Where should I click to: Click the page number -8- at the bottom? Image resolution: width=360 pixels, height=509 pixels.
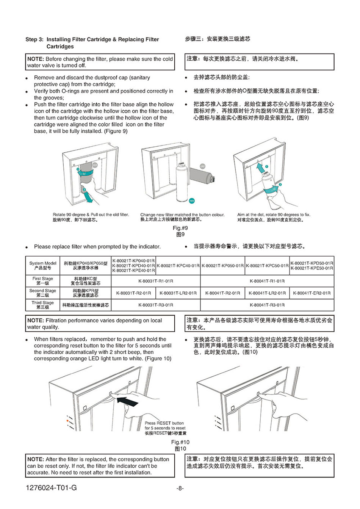point(180,488)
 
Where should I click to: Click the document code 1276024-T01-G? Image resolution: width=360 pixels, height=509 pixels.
point(52,488)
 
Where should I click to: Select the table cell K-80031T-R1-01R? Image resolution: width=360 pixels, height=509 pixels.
point(156,281)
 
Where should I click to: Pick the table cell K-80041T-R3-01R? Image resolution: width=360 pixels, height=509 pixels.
point(267,305)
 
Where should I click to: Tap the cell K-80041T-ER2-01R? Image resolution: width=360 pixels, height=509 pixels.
point(312,293)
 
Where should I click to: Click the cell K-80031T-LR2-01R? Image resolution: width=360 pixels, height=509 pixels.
point(178,293)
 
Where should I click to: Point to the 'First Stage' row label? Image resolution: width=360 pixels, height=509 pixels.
point(42,281)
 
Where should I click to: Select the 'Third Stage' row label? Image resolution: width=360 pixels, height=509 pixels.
point(42,305)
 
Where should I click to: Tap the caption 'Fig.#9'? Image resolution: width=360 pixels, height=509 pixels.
point(180,228)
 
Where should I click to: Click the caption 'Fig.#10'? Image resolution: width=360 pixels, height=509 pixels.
point(180,442)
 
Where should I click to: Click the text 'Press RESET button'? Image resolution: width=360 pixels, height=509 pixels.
point(164,423)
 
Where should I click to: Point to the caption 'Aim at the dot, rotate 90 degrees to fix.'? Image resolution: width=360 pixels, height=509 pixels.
point(274,215)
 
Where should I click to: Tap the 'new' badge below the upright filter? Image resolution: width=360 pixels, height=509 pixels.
point(192,200)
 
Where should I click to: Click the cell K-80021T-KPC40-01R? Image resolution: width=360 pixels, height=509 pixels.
point(178,265)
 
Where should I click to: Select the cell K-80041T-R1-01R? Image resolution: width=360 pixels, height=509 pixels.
point(267,281)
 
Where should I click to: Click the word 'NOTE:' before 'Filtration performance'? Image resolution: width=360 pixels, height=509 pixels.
point(36,321)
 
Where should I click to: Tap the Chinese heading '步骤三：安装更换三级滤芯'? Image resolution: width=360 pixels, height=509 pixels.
point(218,39)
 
